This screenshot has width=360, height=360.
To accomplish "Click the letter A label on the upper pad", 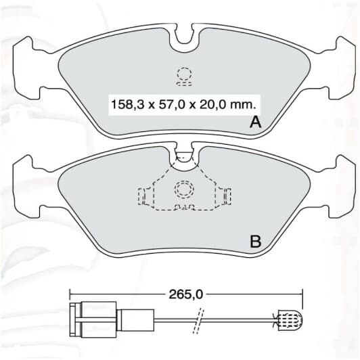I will (256, 122).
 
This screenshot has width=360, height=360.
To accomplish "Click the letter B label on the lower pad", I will (256, 241).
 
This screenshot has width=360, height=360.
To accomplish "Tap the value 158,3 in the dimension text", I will (126, 105).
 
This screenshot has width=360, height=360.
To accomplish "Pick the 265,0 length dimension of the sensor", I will (182, 294).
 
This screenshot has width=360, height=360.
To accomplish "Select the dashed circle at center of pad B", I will (183, 189).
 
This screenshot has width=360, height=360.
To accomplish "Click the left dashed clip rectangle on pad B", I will (145, 196).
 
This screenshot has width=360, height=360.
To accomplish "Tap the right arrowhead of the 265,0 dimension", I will (298, 294).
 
